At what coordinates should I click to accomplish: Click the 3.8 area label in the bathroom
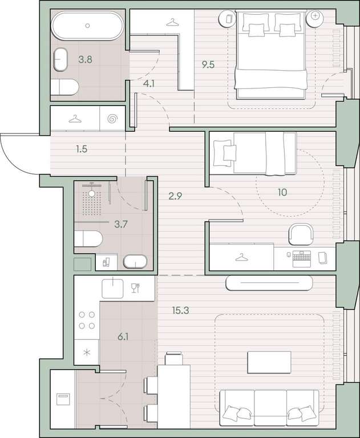point(85,59)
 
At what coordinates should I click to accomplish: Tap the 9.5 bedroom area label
point(208,65)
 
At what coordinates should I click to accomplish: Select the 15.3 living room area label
point(180,310)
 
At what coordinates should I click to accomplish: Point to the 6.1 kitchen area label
point(123,337)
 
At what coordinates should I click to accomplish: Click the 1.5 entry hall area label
point(82,149)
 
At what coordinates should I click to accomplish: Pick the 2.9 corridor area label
point(175,196)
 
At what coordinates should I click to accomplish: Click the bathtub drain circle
point(87,26)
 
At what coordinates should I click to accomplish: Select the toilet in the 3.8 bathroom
point(64,87)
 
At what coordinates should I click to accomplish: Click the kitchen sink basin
point(112,288)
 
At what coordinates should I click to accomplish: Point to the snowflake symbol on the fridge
point(87,352)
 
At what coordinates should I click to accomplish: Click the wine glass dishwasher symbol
point(135,288)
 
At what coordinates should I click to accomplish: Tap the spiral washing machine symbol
point(112,119)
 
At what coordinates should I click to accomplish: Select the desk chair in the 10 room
point(301,234)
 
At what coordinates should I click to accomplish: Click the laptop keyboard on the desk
point(302,259)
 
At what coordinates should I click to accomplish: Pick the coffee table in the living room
point(269,362)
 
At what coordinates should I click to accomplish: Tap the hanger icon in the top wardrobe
point(172,22)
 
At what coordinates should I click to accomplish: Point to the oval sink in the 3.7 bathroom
point(135,261)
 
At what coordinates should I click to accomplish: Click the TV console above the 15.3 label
point(269,283)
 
